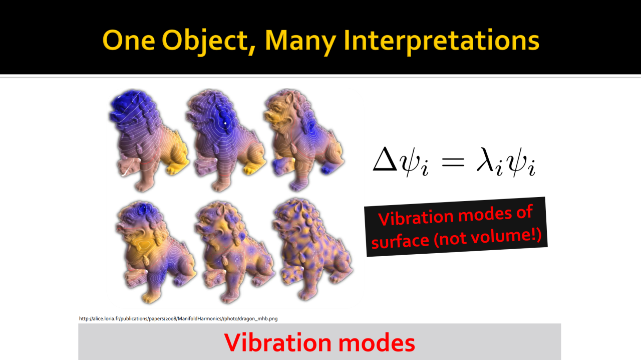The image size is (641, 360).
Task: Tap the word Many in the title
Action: click(300, 42)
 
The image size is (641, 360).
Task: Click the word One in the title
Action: click(129, 41)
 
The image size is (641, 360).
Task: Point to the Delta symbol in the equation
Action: click(385, 159)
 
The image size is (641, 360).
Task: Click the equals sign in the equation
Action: click(453, 162)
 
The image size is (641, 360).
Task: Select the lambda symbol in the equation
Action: click(486, 159)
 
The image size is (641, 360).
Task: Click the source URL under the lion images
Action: click(178, 318)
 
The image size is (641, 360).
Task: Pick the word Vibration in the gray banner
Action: click(277, 342)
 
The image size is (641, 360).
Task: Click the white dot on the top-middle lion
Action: click(225, 123)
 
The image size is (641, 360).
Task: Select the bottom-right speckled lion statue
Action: click(312, 249)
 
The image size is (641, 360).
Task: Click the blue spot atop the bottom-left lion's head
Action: click(144, 209)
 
